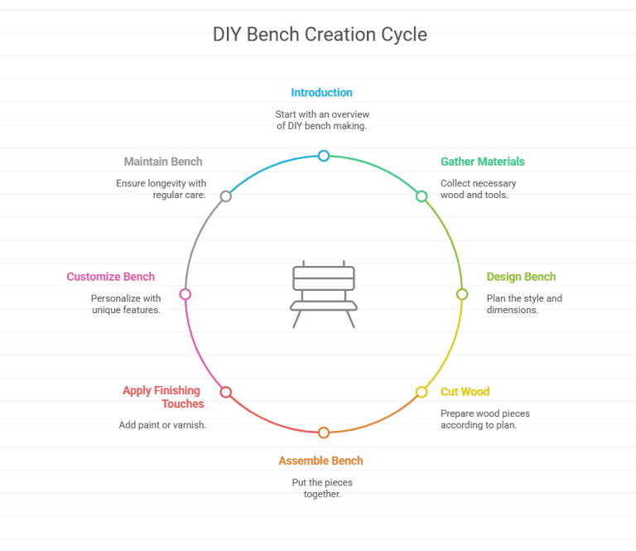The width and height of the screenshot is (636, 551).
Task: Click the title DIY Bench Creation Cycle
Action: tap(320, 35)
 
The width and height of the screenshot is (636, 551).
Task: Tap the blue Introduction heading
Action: tap(321, 93)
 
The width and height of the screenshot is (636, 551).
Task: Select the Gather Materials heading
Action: tap(482, 162)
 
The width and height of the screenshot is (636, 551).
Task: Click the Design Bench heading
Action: tap(521, 277)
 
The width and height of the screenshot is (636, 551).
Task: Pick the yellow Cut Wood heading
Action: tap(465, 391)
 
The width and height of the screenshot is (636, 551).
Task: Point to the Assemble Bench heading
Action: tap(320, 461)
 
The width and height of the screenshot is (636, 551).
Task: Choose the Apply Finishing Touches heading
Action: tap(163, 397)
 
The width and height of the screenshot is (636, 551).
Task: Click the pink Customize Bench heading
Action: tap(111, 277)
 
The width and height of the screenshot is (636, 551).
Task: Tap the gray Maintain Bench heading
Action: tap(163, 162)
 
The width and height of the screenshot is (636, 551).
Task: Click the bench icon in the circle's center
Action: tap(324, 295)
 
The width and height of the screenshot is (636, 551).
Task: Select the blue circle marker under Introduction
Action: tap(324, 156)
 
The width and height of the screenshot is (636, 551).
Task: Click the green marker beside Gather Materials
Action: tap(422, 196)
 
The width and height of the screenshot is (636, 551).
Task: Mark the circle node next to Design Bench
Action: tap(462, 294)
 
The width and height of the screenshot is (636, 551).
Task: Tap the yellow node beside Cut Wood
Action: tap(422, 392)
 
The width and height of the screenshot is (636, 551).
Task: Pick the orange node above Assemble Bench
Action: tap(324, 433)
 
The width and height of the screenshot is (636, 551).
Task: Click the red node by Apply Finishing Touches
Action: tap(225, 392)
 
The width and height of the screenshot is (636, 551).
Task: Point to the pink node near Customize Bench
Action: tap(185, 294)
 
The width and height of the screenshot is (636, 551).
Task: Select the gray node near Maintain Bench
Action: tap(225, 196)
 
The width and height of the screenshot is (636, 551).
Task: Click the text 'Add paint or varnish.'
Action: tap(162, 425)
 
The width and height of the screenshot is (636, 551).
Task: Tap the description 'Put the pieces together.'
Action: tap(322, 488)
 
